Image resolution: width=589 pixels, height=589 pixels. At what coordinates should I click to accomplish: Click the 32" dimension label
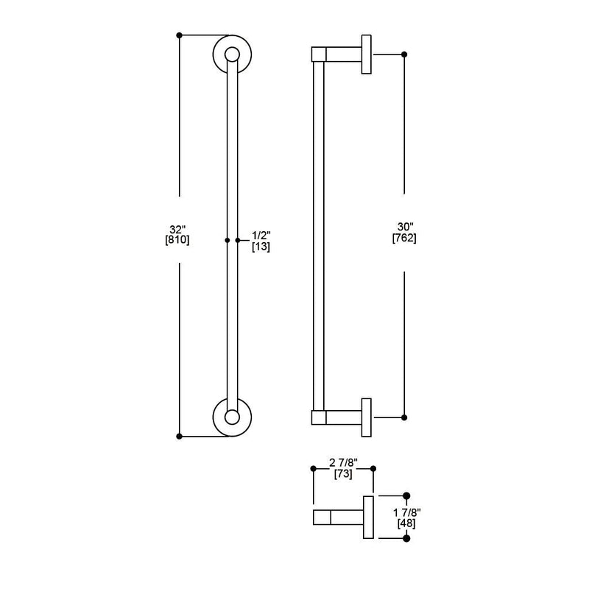click(x=177, y=229)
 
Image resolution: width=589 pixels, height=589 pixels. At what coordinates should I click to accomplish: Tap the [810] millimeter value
click(x=177, y=240)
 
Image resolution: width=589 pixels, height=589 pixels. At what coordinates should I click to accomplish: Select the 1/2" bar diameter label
click(x=261, y=236)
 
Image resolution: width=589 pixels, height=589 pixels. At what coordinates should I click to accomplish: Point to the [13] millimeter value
click(x=261, y=247)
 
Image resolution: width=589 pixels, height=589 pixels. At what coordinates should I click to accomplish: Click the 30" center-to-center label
click(x=406, y=227)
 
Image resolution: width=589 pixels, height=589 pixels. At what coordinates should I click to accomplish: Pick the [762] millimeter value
click(x=404, y=238)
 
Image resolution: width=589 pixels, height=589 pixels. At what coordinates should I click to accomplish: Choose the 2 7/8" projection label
click(x=343, y=462)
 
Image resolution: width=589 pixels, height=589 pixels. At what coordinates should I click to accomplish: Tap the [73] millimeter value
click(x=343, y=473)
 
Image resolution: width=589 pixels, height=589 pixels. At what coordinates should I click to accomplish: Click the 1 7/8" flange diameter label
click(x=407, y=512)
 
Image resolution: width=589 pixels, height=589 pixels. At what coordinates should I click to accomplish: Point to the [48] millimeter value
click(x=406, y=523)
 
